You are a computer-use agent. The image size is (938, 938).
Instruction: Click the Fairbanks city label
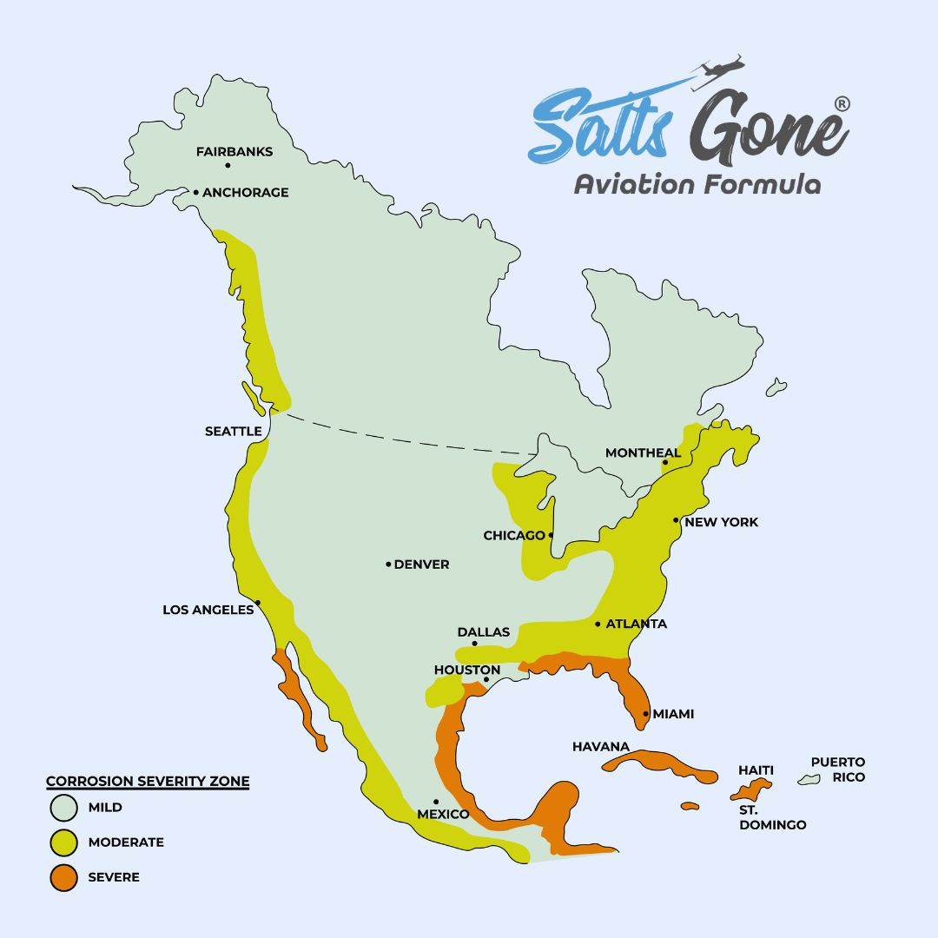click(234, 152)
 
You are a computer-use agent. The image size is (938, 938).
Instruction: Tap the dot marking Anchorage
click(196, 192)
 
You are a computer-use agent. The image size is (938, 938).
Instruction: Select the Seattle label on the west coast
click(233, 432)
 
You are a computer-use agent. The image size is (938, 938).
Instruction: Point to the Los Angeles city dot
click(258, 602)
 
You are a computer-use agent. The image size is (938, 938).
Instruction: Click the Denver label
click(421, 565)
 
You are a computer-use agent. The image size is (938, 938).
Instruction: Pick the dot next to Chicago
click(551, 535)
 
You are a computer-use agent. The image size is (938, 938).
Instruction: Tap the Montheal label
click(643, 453)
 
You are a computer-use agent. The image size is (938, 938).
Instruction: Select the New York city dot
click(676, 520)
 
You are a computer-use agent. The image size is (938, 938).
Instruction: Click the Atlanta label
click(636, 624)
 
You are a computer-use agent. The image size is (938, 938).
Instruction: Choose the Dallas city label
click(483, 632)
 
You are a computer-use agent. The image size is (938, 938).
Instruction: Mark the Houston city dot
click(486, 680)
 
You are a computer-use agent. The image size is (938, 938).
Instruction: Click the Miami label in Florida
click(673, 714)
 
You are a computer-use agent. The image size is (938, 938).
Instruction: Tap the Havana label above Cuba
click(600, 747)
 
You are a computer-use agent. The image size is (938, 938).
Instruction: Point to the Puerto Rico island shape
click(809, 780)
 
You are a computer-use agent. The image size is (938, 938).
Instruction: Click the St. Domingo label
click(772, 817)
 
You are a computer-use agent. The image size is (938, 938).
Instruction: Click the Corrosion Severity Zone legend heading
click(148, 782)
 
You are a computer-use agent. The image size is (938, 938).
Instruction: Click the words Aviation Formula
click(697, 184)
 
